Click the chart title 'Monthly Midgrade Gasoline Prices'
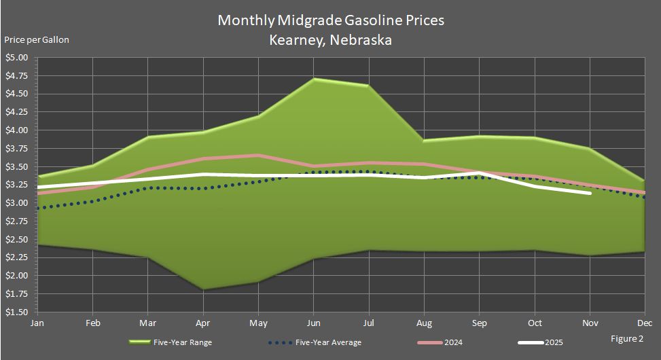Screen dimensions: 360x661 coord(330,20)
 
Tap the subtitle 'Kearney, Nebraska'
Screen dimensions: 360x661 coord(330,39)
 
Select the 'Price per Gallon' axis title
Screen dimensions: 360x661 coord(36,39)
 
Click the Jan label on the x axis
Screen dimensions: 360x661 coord(37,324)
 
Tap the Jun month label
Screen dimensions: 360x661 coord(314,324)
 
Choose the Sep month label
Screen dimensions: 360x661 coord(480,324)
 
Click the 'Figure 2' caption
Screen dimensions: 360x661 coord(626,338)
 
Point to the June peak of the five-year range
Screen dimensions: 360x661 coord(314,79)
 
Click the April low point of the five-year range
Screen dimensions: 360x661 coord(202,289)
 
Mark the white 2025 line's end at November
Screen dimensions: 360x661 coord(590,193)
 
